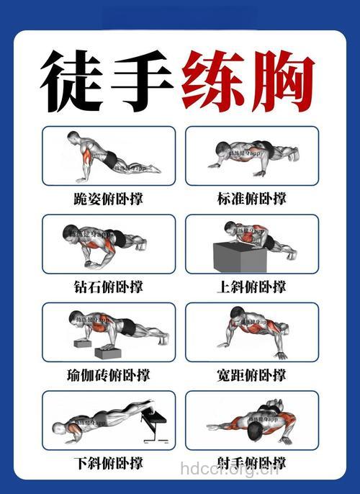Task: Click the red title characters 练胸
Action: [249, 79]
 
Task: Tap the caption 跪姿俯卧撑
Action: [109, 198]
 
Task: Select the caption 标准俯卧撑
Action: [252, 198]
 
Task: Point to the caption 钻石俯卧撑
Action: [109, 286]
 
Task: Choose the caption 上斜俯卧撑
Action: [252, 286]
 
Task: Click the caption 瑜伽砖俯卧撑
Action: [109, 374]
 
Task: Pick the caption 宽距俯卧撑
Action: [252, 374]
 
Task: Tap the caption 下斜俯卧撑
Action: [109, 462]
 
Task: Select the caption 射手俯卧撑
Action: [252, 462]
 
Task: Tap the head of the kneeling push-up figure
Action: [74, 138]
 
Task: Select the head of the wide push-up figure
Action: [236, 315]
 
